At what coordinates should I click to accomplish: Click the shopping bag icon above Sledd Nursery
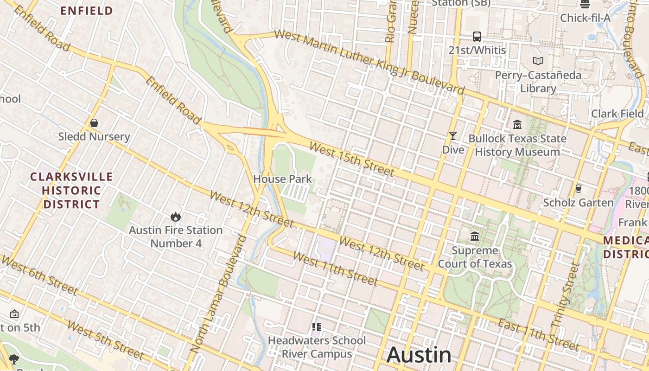[x=94, y=123]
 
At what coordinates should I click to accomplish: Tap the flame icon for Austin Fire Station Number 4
[x=176, y=217]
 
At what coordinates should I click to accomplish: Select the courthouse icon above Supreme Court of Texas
[x=475, y=237]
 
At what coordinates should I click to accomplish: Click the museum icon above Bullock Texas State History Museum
[x=517, y=124]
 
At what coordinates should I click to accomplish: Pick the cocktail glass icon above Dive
[x=453, y=136]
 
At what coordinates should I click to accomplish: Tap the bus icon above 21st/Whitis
[x=477, y=36]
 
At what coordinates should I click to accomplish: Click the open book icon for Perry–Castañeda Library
[x=538, y=61]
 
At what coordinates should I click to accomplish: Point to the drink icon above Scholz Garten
[x=578, y=188]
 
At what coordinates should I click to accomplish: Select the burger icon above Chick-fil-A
[x=585, y=5]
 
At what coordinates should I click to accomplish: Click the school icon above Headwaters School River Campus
[x=317, y=327]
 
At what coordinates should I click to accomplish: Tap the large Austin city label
[x=419, y=355]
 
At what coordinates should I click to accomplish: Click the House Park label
[x=283, y=179]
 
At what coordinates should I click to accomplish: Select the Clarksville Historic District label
[x=71, y=190]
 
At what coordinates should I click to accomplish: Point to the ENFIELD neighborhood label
[x=87, y=11]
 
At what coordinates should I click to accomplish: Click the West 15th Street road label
[x=352, y=160]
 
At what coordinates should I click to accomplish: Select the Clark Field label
[x=617, y=114]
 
